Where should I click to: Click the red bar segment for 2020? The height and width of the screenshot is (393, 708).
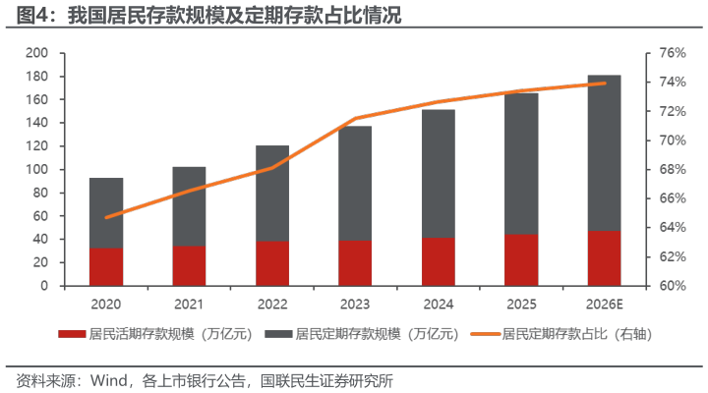tap(106, 266)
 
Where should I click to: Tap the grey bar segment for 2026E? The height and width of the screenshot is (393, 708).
tap(604, 153)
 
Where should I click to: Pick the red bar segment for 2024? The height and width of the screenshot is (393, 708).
tap(439, 261)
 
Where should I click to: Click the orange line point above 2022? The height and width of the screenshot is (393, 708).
tap(272, 168)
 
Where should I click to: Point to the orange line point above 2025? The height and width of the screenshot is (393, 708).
tap(521, 90)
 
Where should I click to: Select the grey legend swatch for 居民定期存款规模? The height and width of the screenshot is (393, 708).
tap(276, 334)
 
